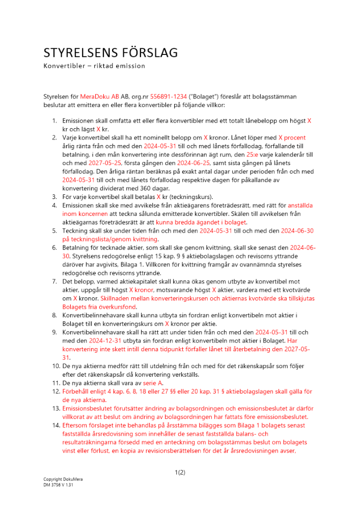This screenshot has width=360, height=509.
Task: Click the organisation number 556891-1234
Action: pos(169,96)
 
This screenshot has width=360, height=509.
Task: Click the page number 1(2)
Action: pos(180,472)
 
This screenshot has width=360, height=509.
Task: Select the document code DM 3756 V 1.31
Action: pos(59,485)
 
